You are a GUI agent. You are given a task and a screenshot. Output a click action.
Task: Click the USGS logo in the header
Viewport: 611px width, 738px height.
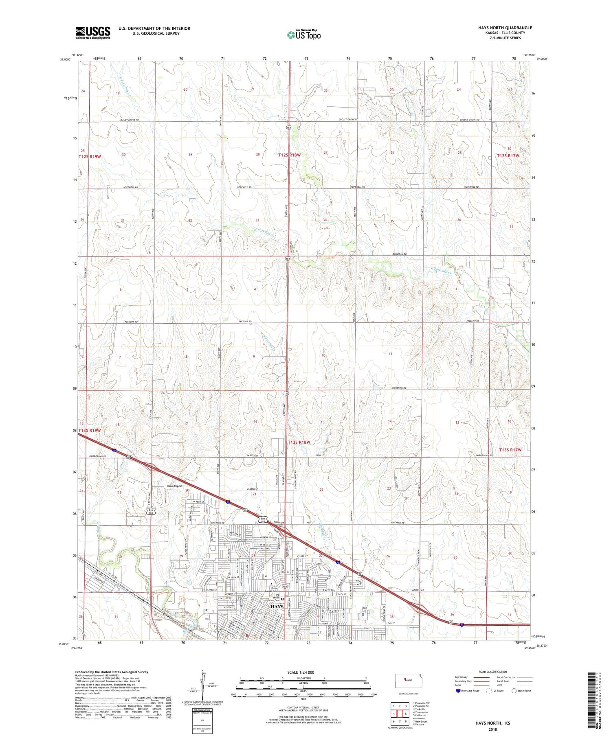[92, 33]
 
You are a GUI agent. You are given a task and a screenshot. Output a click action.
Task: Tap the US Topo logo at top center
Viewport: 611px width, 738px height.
[303, 35]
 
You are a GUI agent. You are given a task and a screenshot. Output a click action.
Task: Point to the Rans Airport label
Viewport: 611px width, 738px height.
[174, 486]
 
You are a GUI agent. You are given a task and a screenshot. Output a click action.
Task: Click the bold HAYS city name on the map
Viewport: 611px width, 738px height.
[277, 607]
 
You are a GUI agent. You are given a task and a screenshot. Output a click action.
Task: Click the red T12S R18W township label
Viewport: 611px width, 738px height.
[289, 155]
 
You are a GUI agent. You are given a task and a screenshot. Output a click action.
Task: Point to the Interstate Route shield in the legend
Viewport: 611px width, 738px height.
[458, 691]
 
